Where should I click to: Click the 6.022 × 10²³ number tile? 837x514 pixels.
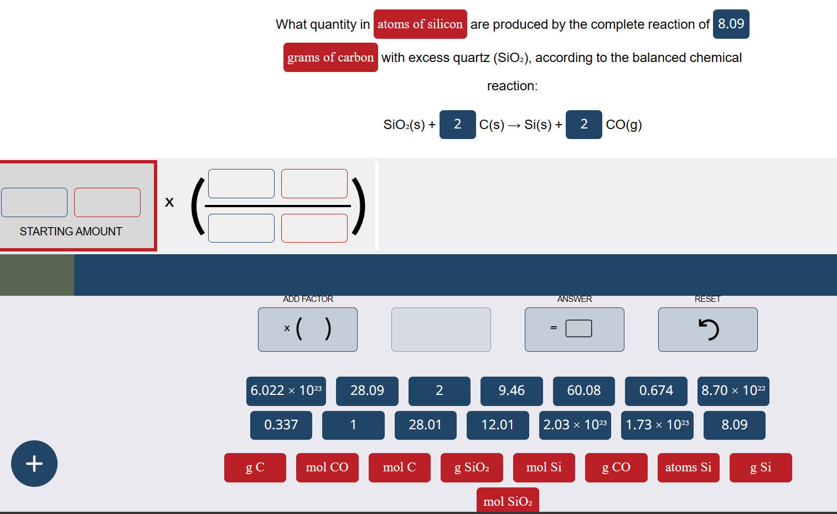(x=286, y=391)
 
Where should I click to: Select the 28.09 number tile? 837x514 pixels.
(x=367, y=391)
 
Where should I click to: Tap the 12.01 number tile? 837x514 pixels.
(x=497, y=425)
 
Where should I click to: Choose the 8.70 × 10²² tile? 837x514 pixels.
(x=733, y=391)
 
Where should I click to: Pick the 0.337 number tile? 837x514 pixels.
(x=281, y=425)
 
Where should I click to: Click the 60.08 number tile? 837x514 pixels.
(x=583, y=391)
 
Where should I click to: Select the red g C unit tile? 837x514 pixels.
(x=255, y=467)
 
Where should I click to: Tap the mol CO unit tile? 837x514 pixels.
(x=327, y=467)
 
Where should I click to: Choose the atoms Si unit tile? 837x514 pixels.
(x=688, y=467)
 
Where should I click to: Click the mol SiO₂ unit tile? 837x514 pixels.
(x=507, y=501)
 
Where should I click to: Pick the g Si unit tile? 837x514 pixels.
(x=760, y=467)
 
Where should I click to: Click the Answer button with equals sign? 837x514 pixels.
(x=574, y=330)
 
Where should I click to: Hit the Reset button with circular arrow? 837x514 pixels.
(x=707, y=330)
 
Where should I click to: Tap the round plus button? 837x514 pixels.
(x=34, y=464)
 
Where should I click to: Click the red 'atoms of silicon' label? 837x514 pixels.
(x=420, y=24)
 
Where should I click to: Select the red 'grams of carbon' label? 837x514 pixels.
(x=330, y=58)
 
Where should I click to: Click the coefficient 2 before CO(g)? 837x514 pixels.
(x=583, y=125)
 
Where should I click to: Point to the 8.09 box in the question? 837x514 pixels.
(x=731, y=24)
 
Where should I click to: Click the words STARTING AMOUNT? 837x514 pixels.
(x=71, y=232)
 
